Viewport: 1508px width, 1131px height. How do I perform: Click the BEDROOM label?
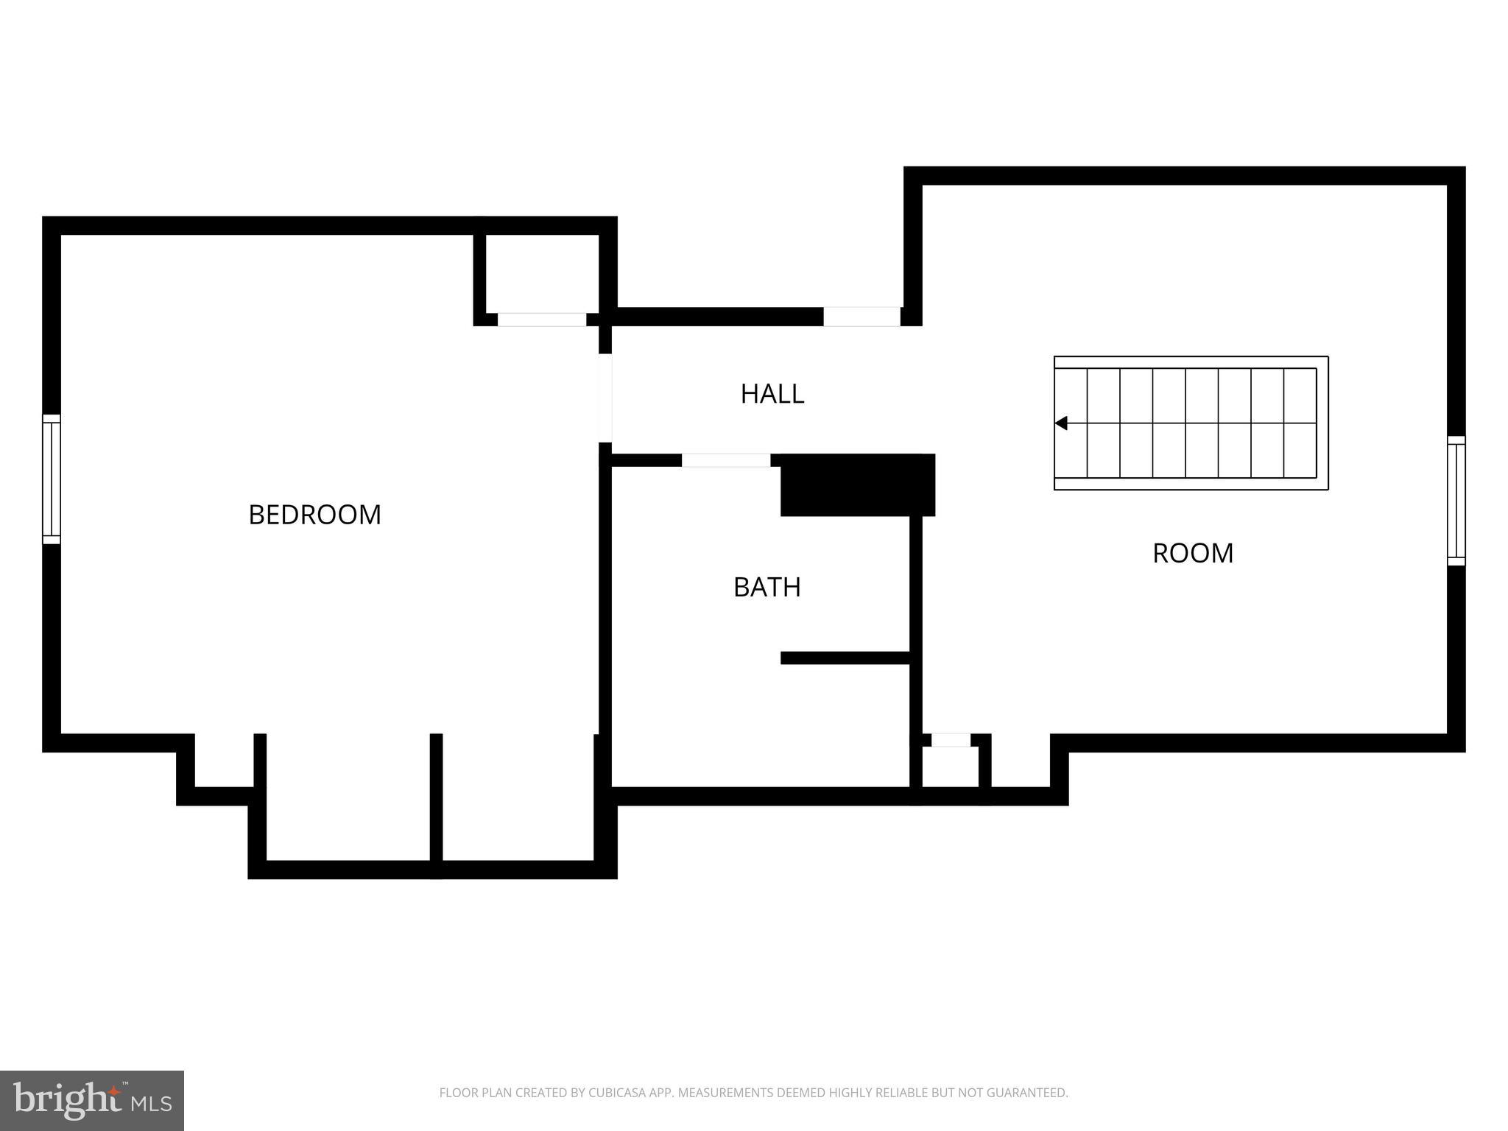tap(314, 514)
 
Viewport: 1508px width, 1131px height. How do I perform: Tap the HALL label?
tap(772, 394)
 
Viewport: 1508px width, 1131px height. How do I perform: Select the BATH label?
tap(767, 587)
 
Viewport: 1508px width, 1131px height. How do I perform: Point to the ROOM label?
tap(1192, 553)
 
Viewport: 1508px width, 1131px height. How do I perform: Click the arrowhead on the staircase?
tap(1061, 423)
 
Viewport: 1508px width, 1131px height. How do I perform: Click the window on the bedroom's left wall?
tap(51, 479)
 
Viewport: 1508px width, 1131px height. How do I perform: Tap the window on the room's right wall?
tap(1456, 501)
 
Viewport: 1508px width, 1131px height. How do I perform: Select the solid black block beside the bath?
tap(857, 485)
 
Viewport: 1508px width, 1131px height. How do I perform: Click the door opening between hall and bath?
tap(725, 460)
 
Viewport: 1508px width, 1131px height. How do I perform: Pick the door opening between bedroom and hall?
tap(605, 398)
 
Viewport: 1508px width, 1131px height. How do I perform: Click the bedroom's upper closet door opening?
tap(542, 320)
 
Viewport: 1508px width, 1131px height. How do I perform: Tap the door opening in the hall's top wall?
tap(862, 317)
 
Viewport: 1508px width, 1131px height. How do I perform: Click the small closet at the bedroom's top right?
tap(542, 273)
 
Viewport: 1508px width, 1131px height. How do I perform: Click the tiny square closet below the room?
tap(950, 767)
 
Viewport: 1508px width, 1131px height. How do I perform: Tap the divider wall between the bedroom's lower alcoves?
tap(436, 799)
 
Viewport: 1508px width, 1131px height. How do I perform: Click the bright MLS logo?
tap(91, 1100)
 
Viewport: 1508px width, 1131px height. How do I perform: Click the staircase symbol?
tap(1191, 423)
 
